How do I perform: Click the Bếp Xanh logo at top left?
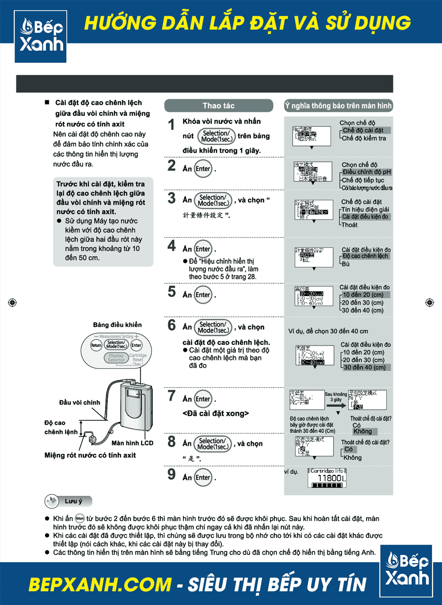coord(41,36)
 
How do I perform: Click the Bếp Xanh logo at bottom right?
coord(407,571)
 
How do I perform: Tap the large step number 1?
coord(171,125)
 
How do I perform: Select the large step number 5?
coord(171,292)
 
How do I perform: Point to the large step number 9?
coord(171,475)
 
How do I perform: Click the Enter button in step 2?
coord(203,169)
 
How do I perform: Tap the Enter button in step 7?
coord(203,399)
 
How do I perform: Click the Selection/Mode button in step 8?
coord(214,444)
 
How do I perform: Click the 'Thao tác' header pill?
coord(218,106)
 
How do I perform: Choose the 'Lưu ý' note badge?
coord(69,501)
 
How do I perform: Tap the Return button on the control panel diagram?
coord(96,345)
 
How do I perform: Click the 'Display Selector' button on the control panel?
coord(116,358)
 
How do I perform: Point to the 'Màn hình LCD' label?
coord(132,443)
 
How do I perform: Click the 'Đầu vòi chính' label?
coord(80,403)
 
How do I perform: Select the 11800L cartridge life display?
coord(327,479)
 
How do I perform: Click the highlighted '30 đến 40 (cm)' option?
coord(365,367)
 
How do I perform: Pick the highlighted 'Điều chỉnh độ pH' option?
coord(366,172)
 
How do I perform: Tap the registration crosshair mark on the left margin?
coord(12,303)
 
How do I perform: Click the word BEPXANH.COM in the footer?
coord(100,585)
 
